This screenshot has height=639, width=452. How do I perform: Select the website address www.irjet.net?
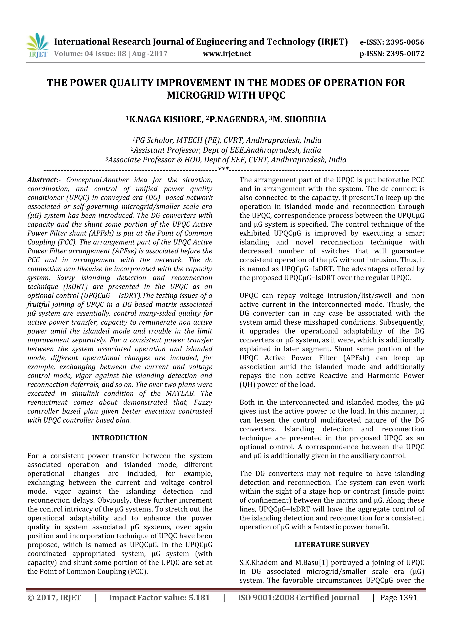(x=227, y=54)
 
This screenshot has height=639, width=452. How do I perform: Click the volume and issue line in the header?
(x=111, y=54)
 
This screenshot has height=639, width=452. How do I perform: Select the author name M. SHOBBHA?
(x=299, y=119)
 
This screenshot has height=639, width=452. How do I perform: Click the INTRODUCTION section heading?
(x=120, y=438)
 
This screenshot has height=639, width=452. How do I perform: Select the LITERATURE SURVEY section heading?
(x=332, y=545)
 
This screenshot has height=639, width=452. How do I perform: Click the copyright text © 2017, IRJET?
(x=54, y=598)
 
